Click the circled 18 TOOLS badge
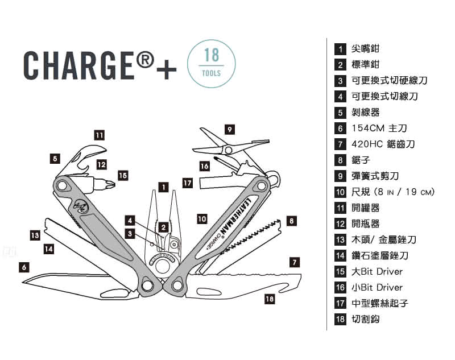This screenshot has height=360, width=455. (210, 63)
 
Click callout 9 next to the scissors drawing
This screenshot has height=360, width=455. (229, 130)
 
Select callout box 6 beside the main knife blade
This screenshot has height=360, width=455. (24, 266)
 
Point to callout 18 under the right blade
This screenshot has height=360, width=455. (269, 298)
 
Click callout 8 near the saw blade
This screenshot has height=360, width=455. (291, 220)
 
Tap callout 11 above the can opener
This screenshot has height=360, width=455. (99, 135)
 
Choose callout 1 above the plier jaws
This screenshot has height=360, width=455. (163, 187)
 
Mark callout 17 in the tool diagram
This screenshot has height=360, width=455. (188, 183)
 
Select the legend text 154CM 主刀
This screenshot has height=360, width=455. (379, 129)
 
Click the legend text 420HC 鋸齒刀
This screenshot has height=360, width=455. (383, 144)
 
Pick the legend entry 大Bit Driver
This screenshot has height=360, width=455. (377, 271)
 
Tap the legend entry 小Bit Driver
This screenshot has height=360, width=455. (377, 287)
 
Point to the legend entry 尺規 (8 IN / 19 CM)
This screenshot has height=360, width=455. (392, 192)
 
